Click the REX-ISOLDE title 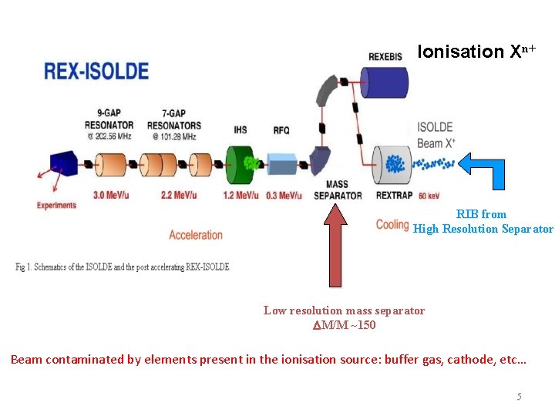pyautogui.click(x=96, y=71)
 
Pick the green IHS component pyautogui.click(x=243, y=164)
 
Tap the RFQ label pyautogui.click(x=281, y=131)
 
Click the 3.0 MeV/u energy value pyautogui.click(x=109, y=195)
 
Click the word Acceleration pyautogui.click(x=196, y=234)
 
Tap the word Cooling pyautogui.click(x=392, y=225)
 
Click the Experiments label pyautogui.click(x=57, y=205)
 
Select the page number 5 pyautogui.click(x=519, y=397)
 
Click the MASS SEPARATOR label pyautogui.click(x=338, y=190)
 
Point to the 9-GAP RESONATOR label pyautogui.click(x=110, y=120)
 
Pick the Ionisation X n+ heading pyautogui.click(x=476, y=52)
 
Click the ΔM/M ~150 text pyautogui.click(x=344, y=325)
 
